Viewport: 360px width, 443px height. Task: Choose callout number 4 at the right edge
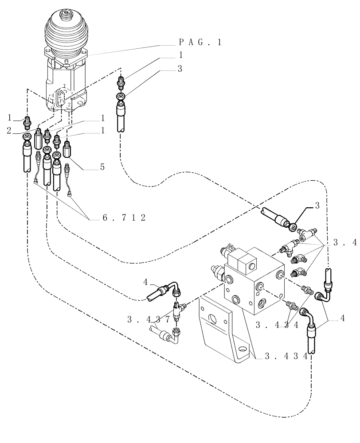coord(344,317)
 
